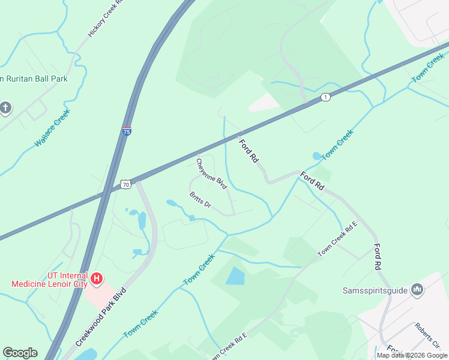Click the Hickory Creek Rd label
click(106, 18)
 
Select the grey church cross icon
click(5, 108)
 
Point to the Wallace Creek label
click(53, 127)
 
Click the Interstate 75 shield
click(127, 131)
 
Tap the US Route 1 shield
click(325, 97)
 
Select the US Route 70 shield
click(125, 185)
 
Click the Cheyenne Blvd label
click(212, 174)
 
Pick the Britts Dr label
click(200, 200)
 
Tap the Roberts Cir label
click(427, 335)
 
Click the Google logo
click(20, 353)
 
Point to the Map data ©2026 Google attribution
click(412, 355)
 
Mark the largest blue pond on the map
click(235, 276)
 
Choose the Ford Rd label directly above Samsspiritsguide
click(378, 256)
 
